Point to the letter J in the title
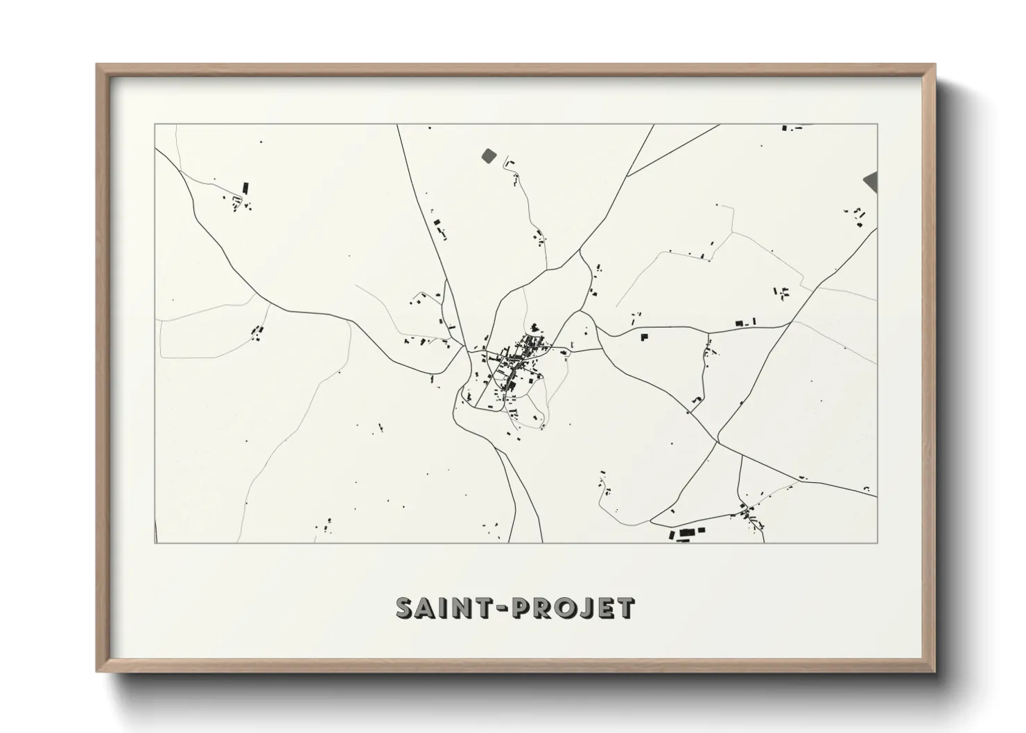click(585, 608)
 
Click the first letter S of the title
click(405, 608)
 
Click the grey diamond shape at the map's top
click(489, 155)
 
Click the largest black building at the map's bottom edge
click(688, 533)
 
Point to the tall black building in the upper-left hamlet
click(245, 188)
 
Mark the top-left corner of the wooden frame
click(98, 65)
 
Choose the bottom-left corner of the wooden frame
click(98, 671)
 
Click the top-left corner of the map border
click(155, 125)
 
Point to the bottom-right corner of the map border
click(878, 542)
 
